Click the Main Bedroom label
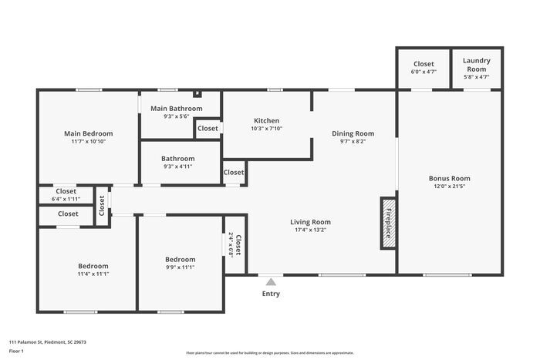coord(88,133)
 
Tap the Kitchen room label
coord(266,120)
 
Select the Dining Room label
coord(353,133)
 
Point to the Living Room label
coord(312,222)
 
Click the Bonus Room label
coord(449,178)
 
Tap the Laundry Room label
coord(476,65)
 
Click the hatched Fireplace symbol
coord(389,223)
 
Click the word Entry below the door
coord(271,294)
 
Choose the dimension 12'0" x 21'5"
coord(449,186)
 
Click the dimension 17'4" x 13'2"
coord(312,230)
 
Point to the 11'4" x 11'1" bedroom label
coord(93,274)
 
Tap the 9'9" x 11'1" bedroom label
coord(180,267)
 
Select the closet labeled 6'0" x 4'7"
coord(424,72)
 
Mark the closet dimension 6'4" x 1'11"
coord(66,199)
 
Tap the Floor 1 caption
coord(16,351)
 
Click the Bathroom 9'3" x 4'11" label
coord(177,167)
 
